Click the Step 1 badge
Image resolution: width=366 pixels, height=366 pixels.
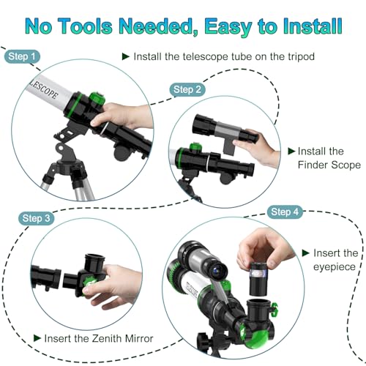pyautogui.click(x=22, y=56)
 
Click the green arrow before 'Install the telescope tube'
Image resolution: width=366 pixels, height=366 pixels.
pyautogui.click(x=125, y=56)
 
